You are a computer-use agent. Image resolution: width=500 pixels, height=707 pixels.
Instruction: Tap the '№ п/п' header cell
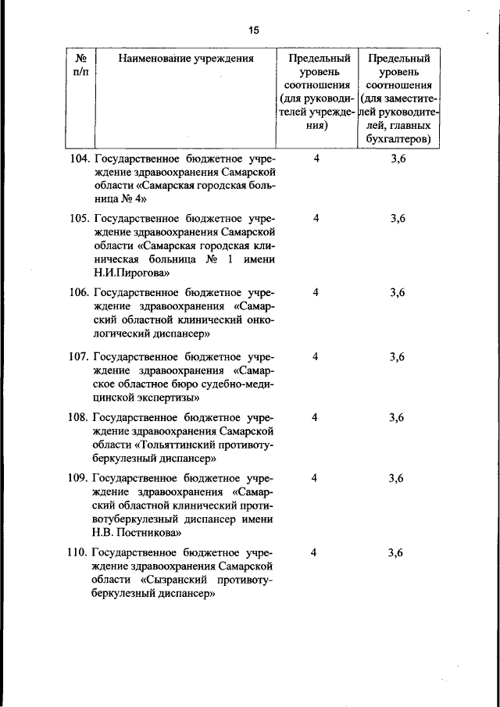coord(80,66)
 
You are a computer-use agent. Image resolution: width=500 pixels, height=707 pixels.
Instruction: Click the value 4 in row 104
coord(316,159)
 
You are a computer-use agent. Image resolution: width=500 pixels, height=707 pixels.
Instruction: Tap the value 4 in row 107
coord(316,357)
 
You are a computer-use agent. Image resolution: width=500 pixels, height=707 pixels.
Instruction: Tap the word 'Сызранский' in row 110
coord(181,580)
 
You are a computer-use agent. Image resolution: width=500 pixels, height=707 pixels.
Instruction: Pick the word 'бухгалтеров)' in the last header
coord(398,140)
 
